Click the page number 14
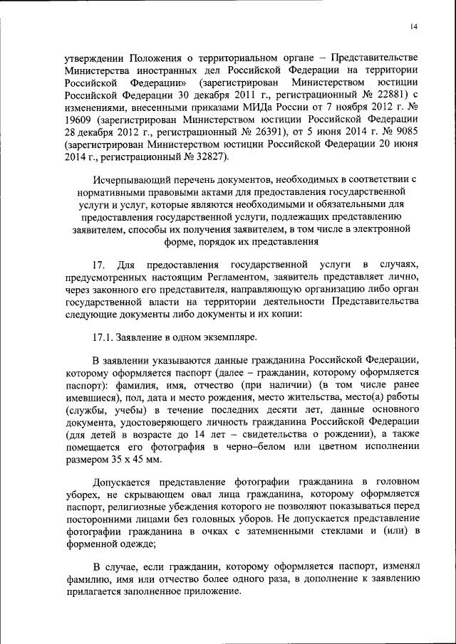[x=413, y=26]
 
